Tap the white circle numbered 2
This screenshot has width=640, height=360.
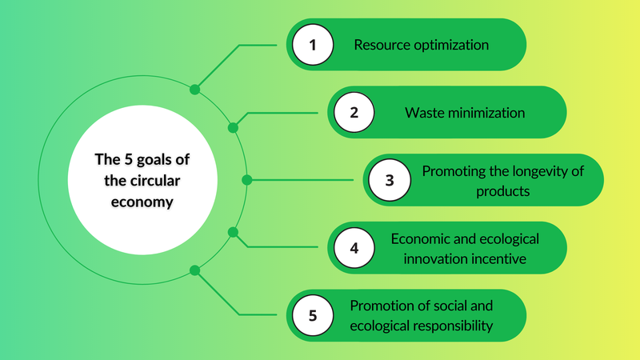click(354, 113)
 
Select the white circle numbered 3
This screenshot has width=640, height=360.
click(390, 180)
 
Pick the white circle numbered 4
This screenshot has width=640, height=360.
click(354, 248)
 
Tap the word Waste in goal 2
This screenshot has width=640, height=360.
click(424, 113)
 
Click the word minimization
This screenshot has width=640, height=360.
click(486, 113)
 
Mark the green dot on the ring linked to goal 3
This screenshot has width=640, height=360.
click(246, 180)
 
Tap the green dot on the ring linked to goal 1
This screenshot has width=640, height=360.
click(194, 89)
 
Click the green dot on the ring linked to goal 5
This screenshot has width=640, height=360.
click(194, 270)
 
